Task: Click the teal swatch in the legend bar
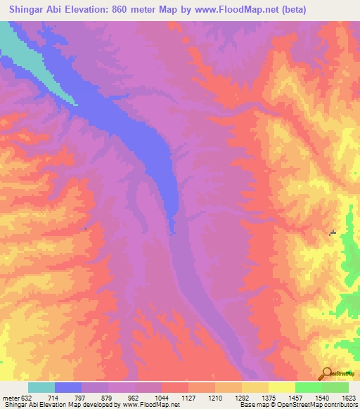pos(41,387)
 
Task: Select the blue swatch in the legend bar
pos(68,387)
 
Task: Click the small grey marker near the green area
pos(333,233)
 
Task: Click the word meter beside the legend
pos(10,397)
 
